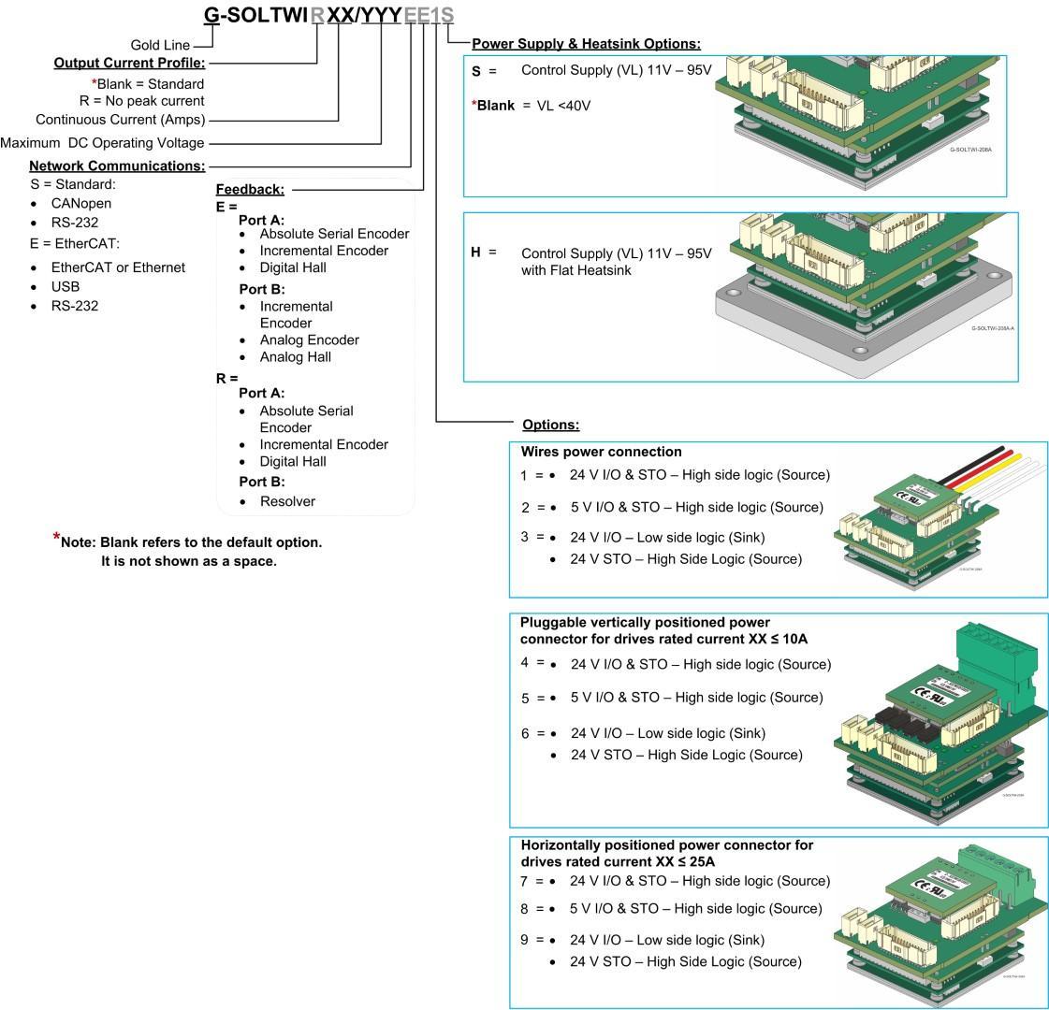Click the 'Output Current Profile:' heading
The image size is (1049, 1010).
tap(129, 64)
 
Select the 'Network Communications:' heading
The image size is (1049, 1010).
tap(117, 166)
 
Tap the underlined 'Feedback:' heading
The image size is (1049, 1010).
tap(250, 189)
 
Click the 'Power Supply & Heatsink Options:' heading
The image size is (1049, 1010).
tap(586, 44)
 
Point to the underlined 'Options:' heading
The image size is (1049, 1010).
tap(550, 425)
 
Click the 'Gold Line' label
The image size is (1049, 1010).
tap(160, 45)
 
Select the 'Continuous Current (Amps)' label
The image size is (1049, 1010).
tap(120, 120)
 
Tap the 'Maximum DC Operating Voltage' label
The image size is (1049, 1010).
tap(102, 143)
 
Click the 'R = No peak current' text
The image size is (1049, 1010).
tap(141, 100)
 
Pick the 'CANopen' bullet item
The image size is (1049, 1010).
tap(80, 203)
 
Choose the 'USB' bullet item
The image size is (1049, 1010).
tap(66, 286)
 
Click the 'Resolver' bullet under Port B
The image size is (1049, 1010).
tap(287, 501)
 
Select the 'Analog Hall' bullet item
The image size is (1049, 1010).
tap(295, 356)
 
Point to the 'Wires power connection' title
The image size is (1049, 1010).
tap(601, 452)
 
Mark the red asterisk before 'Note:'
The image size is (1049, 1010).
tap(57, 538)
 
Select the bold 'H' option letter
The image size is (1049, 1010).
tap(476, 252)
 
